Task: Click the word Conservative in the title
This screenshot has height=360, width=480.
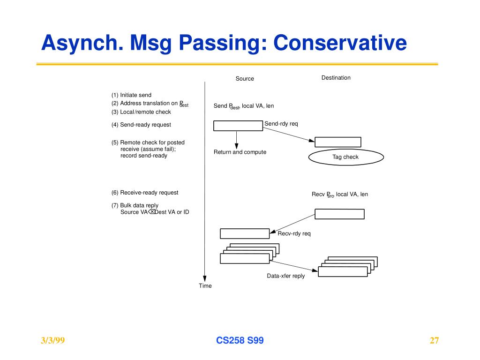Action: [340, 43]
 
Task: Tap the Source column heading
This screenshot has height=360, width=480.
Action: [245, 79]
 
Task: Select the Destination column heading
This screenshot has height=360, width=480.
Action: [336, 78]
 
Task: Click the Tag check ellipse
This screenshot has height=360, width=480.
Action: [346, 157]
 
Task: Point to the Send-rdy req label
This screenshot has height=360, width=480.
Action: [281, 124]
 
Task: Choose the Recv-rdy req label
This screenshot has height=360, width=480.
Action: [294, 233]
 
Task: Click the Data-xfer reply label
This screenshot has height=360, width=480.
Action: [286, 276]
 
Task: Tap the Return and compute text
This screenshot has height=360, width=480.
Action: [240, 152]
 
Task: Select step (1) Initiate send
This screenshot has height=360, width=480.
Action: [131, 95]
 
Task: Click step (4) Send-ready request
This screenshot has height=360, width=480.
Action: [141, 125]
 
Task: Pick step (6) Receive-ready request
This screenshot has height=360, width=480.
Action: [145, 193]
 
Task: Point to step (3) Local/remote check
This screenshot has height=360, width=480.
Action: [141, 112]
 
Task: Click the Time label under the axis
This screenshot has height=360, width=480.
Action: [205, 286]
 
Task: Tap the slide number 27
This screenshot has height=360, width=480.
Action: [434, 341]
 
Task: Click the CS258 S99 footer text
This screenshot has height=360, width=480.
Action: [240, 341]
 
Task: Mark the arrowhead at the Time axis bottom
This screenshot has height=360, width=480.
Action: [205, 277]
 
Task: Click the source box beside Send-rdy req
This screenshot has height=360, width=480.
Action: [238, 126]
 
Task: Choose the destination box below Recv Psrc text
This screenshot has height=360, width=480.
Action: [339, 214]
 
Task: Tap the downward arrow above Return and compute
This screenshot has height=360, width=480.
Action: [237, 139]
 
